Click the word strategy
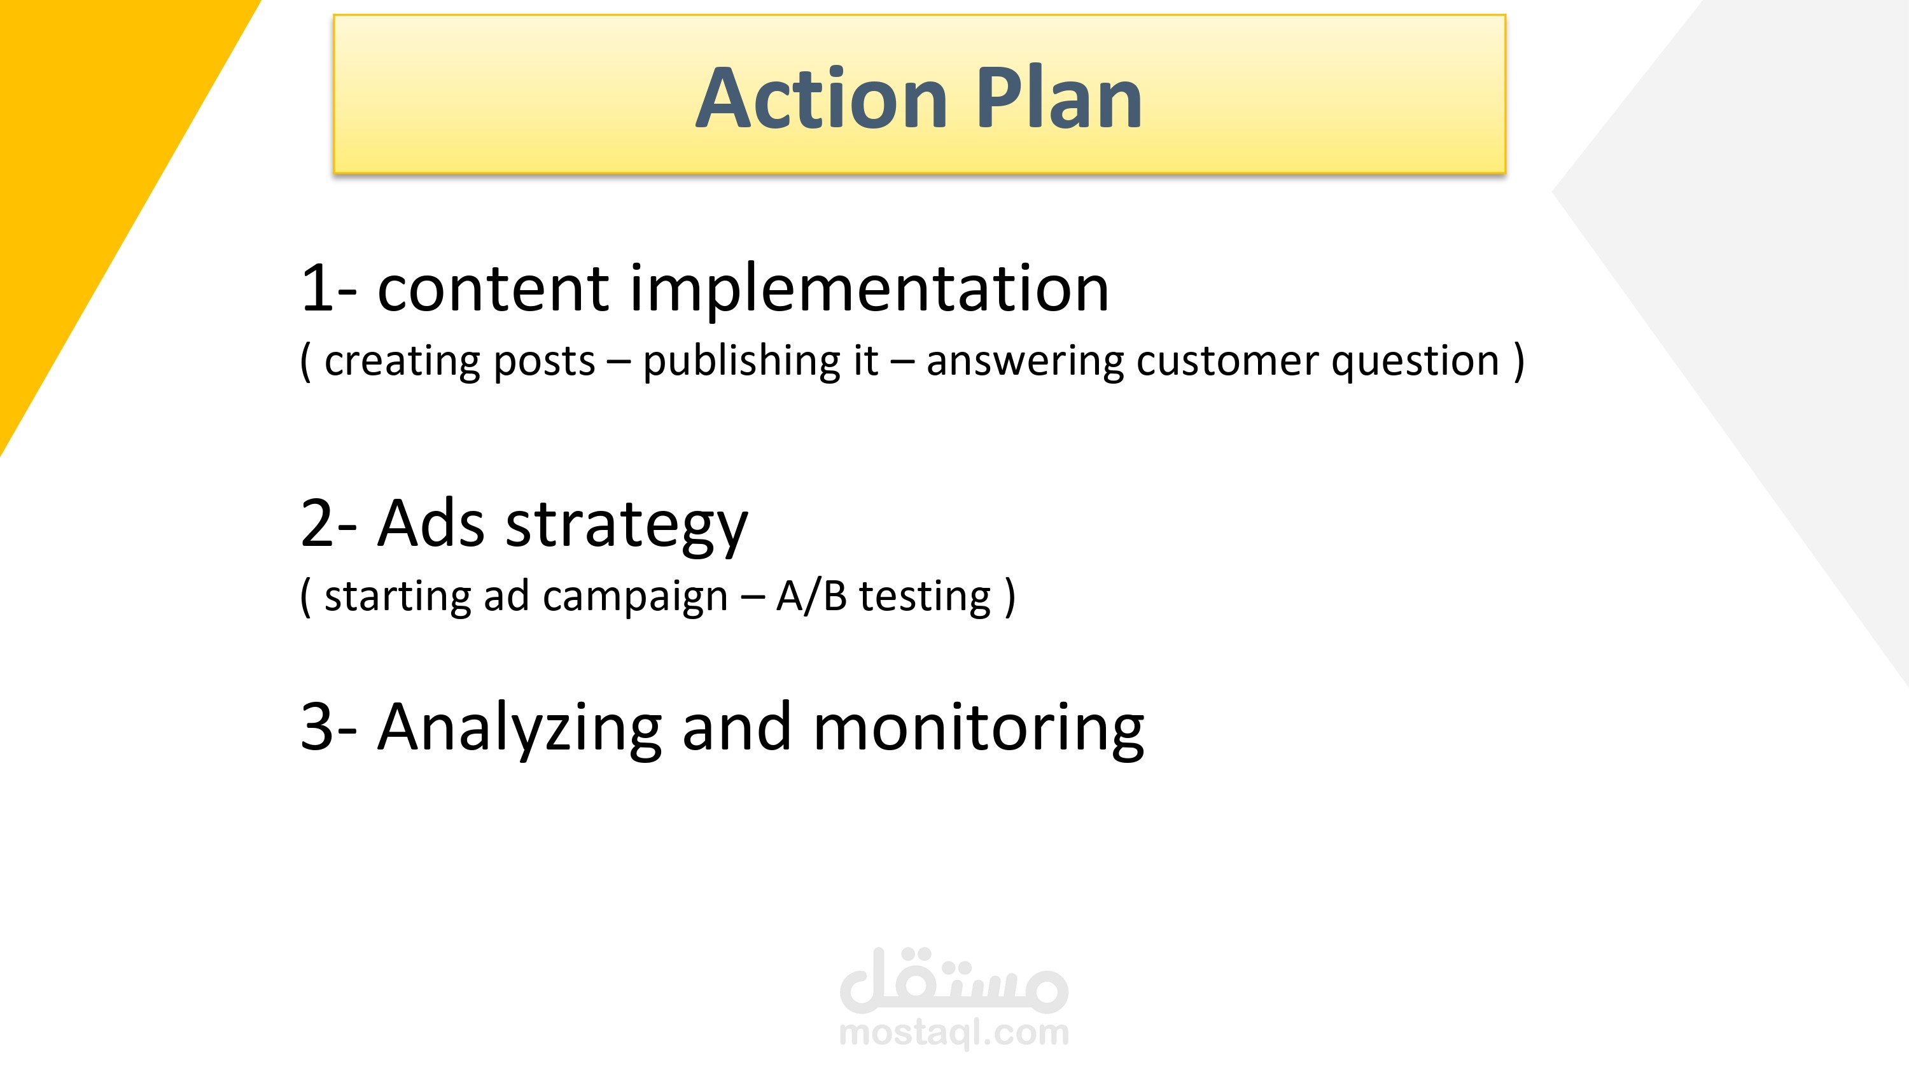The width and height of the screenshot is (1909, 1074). pyautogui.click(x=627, y=527)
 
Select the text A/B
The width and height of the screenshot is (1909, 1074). pyautogui.click(x=811, y=596)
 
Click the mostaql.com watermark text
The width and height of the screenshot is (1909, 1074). pyautogui.click(x=954, y=1033)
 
